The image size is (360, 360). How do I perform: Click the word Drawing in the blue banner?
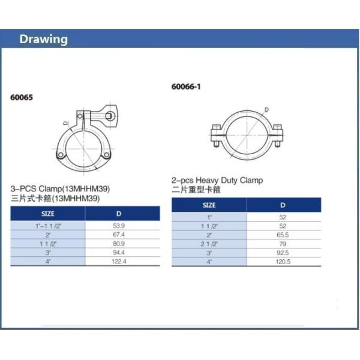click(44, 40)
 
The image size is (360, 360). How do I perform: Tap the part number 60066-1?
click(186, 86)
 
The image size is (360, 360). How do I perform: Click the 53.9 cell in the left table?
click(119, 225)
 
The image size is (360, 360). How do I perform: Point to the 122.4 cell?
click(119, 262)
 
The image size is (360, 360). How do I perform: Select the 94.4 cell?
click(119, 253)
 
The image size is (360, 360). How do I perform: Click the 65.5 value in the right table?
click(283, 235)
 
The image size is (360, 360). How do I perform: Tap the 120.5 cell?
click(283, 262)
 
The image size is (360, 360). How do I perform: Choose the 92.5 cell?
click(283, 253)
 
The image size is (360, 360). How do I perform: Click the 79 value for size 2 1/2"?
click(283, 244)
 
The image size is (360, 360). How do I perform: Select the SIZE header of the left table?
click(48, 214)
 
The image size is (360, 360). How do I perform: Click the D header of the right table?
click(283, 205)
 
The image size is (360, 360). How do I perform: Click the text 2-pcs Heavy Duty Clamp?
click(217, 180)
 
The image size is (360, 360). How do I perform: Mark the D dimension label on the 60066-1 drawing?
click(266, 109)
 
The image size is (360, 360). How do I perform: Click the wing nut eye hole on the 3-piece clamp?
click(109, 115)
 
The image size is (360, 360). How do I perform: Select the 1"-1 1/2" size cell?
click(49, 225)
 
